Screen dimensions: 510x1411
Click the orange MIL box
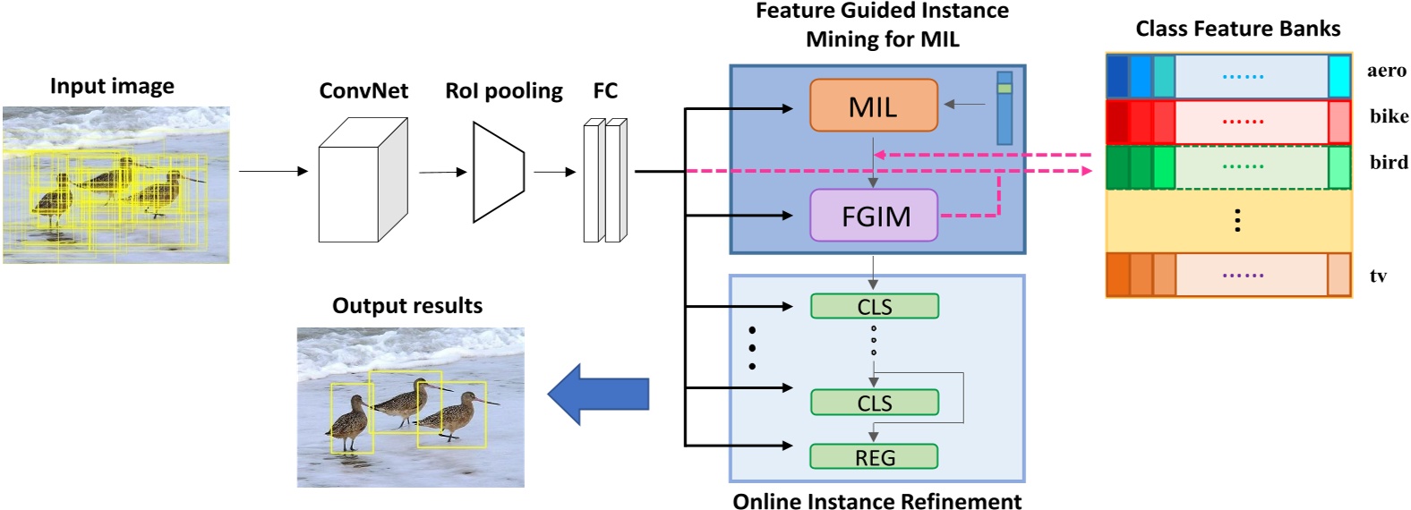point(873,106)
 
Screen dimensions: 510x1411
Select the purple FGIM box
point(874,216)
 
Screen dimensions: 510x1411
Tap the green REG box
point(874,457)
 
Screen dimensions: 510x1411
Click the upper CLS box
point(874,306)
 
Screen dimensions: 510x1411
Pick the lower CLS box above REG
point(874,403)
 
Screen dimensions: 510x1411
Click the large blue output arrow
point(598,394)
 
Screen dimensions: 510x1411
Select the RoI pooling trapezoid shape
point(498,172)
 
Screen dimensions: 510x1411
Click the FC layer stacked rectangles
point(605,180)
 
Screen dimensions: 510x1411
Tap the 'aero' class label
point(1386,71)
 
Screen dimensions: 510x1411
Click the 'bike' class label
point(1389,116)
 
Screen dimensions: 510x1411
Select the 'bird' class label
point(1389,162)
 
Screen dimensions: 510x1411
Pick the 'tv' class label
point(1378,276)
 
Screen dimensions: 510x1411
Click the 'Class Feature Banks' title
point(1237,29)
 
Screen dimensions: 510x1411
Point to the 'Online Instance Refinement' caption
point(877,500)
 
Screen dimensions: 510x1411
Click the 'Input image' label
point(112,86)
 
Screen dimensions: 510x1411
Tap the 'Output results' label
point(406,306)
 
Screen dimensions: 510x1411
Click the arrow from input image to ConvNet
point(273,171)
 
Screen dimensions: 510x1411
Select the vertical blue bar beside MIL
point(1005,108)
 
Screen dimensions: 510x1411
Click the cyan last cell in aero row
point(1339,76)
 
